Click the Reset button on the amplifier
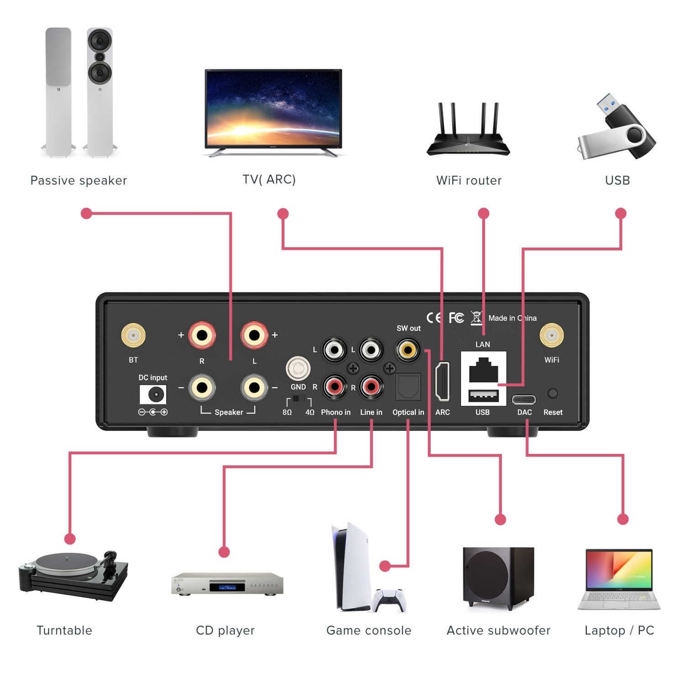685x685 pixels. pyautogui.click(x=553, y=393)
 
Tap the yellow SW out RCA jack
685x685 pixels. pyautogui.click(x=407, y=350)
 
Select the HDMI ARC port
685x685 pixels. pyautogui.click(x=443, y=381)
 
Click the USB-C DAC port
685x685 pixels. pyautogui.click(x=524, y=400)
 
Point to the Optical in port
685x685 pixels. pyautogui.click(x=408, y=387)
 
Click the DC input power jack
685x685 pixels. pyautogui.click(x=153, y=394)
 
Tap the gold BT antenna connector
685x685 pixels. pyautogui.click(x=133, y=336)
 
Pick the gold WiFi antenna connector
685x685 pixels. pyautogui.click(x=552, y=336)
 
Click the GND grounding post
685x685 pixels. pyautogui.click(x=298, y=368)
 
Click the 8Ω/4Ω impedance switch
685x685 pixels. pyautogui.click(x=299, y=399)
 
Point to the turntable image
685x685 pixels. pyautogui.click(x=73, y=575)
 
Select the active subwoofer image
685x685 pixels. pyautogui.click(x=498, y=578)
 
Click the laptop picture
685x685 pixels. pyautogui.click(x=619, y=579)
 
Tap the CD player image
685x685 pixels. pyautogui.click(x=227, y=584)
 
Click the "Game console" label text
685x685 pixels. pyautogui.click(x=369, y=631)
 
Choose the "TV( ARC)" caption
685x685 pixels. pyautogui.click(x=269, y=179)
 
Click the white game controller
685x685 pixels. pyautogui.click(x=389, y=600)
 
